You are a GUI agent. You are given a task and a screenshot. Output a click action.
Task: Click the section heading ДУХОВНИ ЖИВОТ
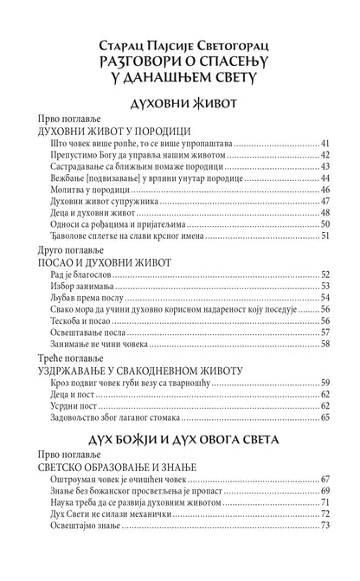(x=180, y=102)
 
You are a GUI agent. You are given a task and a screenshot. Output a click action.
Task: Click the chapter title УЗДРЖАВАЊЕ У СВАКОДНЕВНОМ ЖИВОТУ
(x=138, y=369)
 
